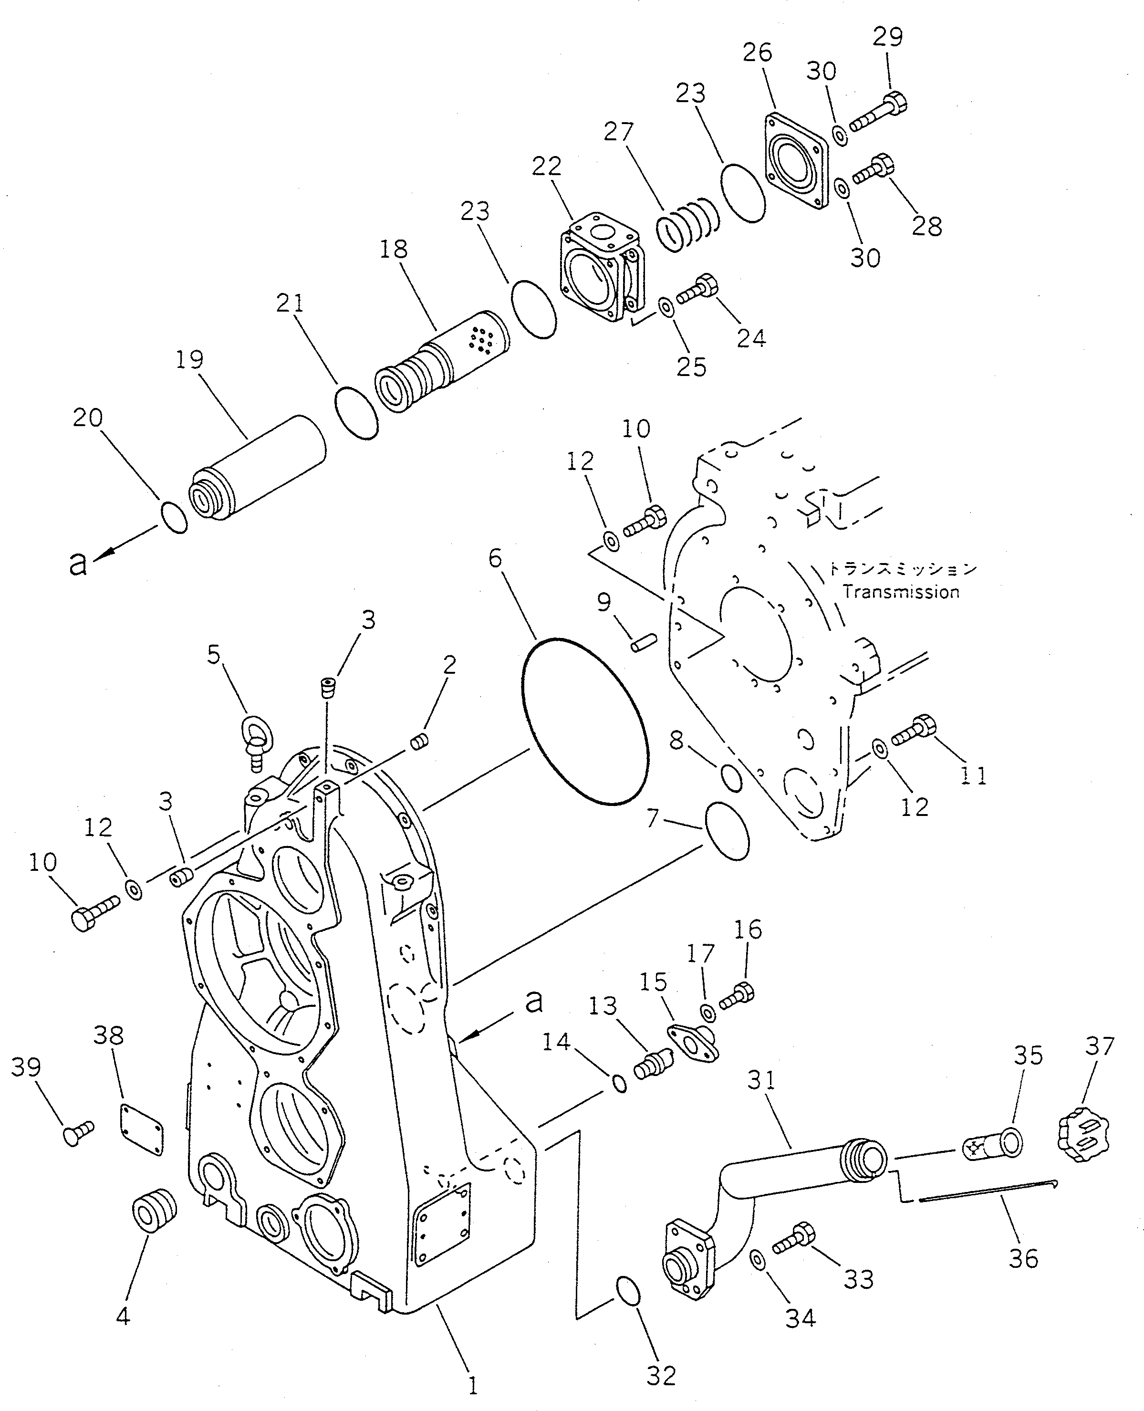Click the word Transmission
point(901,592)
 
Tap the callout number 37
point(1099,1046)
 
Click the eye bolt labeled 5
point(254,742)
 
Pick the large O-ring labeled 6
point(584,721)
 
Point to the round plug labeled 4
point(156,1210)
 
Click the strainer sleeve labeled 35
point(994,1146)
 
